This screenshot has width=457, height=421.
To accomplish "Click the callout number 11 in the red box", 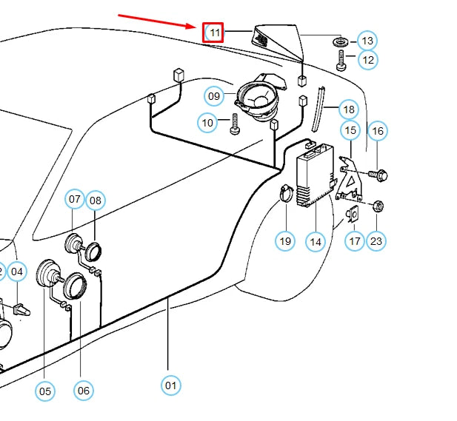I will (x=214, y=33).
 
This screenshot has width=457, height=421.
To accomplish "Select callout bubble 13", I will (x=367, y=40).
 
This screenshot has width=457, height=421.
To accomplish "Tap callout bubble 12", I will (x=367, y=59).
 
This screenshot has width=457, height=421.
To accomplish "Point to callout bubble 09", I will (x=214, y=95).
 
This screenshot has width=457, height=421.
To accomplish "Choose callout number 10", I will (x=207, y=121).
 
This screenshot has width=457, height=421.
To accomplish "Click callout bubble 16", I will (x=378, y=132).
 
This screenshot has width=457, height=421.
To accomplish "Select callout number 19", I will (x=286, y=240).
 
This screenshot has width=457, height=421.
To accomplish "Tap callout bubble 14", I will (x=316, y=240).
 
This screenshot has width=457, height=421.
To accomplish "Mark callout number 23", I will (x=377, y=240).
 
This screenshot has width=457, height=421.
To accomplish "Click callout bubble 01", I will (x=171, y=385).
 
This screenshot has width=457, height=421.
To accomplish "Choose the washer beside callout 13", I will (x=342, y=40).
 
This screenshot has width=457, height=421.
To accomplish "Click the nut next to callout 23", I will (x=376, y=206).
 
